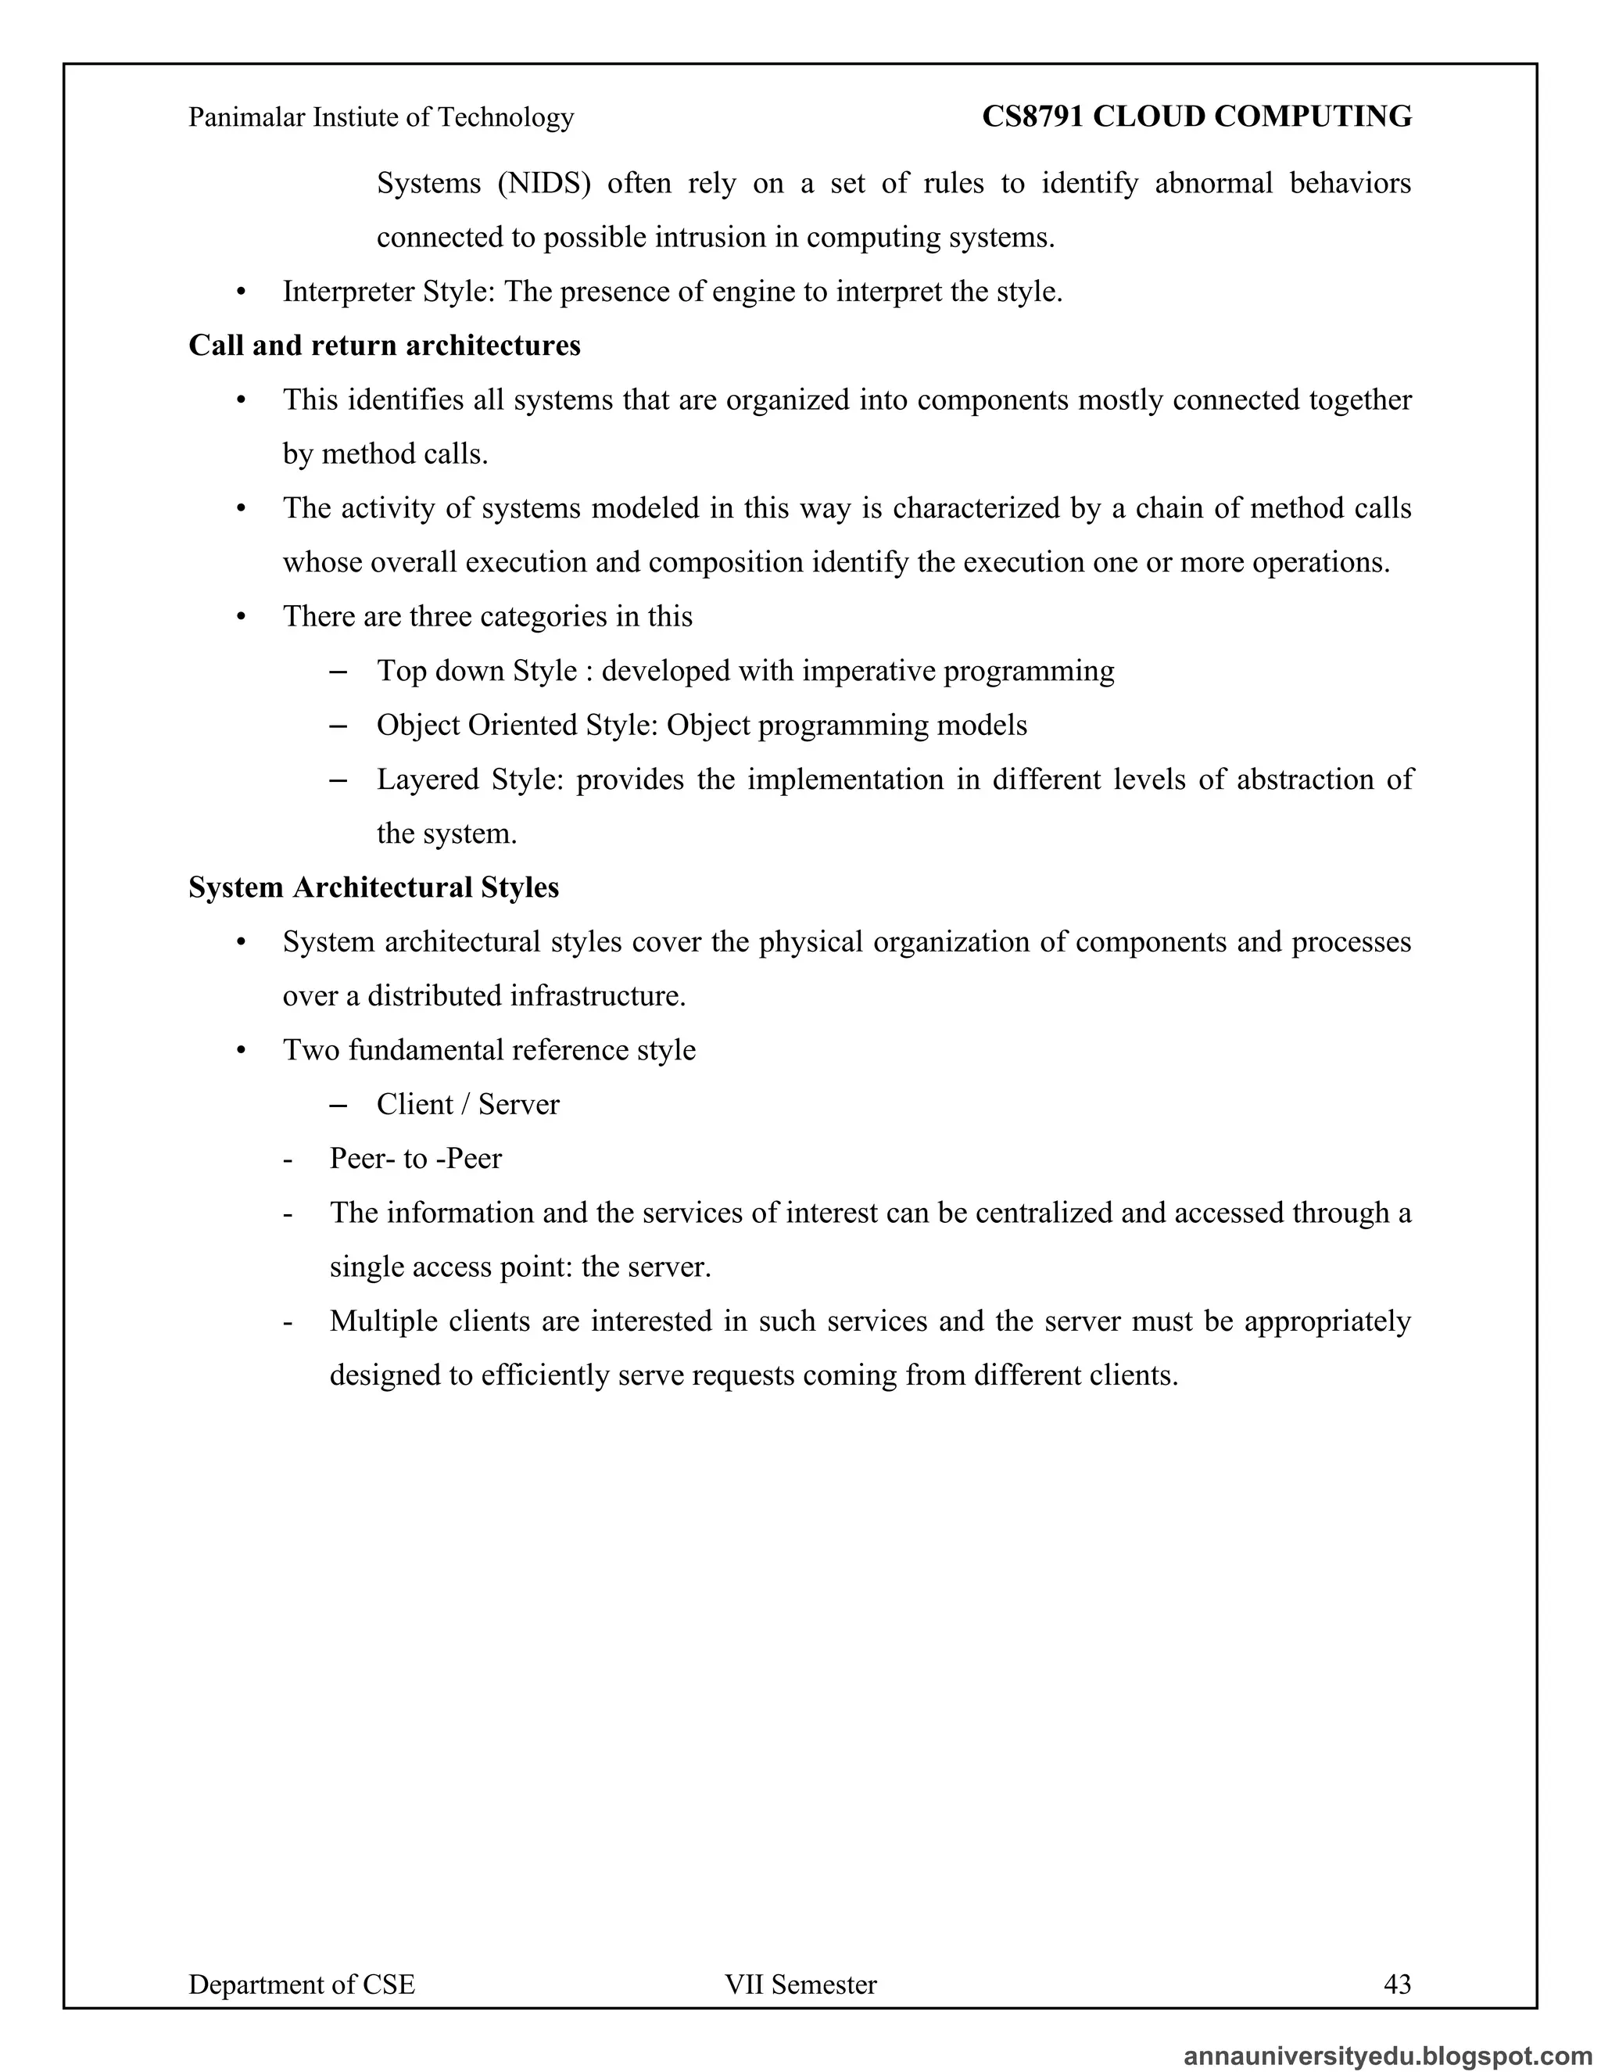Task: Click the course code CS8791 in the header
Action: click(1032, 117)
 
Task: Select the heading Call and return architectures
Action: click(384, 346)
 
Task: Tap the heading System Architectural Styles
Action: click(374, 887)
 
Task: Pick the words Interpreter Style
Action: click(389, 292)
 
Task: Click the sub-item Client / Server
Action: click(467, 1104)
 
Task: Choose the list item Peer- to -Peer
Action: click(415, 1159)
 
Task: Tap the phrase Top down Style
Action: click(477, 671)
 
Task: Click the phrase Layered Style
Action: click(471, 779)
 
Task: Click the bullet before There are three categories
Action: click(241, 618)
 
